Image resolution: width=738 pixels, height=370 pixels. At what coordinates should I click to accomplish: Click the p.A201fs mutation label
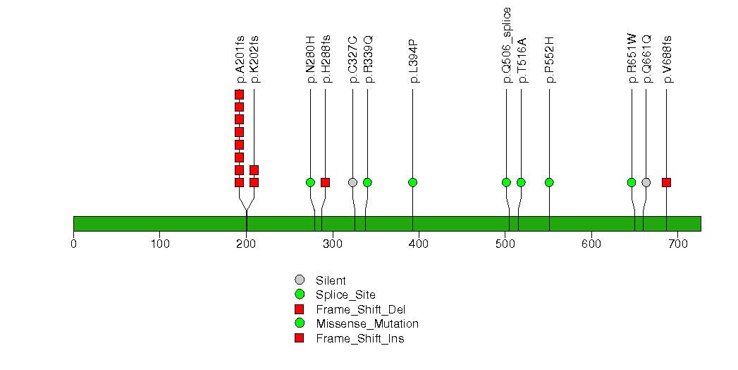(240, 59)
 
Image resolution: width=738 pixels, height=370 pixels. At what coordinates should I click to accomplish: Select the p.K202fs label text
(254, 59)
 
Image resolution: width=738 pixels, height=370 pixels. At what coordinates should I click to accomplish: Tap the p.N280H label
(311, 60)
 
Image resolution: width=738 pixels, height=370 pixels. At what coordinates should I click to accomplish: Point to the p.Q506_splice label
(507, 45)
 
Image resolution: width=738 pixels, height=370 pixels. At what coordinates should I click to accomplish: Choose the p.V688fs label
(668, 59)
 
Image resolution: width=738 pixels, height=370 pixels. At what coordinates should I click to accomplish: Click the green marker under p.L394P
(412, 182)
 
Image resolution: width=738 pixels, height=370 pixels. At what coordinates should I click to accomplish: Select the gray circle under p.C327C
(352, 182)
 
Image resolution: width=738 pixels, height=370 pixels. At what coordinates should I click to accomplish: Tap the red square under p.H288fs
(325, 182)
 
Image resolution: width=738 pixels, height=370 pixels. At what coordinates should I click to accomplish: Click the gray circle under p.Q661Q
(646, 182)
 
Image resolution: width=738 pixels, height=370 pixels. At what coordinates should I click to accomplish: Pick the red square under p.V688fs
(666, 182)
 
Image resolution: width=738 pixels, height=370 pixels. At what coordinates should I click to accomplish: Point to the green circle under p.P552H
(549, 182)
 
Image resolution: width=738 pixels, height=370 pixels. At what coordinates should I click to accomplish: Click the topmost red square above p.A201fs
(239, 95)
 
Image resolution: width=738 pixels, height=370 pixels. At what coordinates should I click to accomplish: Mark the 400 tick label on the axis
(419, 244)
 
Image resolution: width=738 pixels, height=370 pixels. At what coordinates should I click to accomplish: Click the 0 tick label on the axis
(73, 244)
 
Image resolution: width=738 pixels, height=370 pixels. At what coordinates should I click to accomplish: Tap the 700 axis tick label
(677, 244)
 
